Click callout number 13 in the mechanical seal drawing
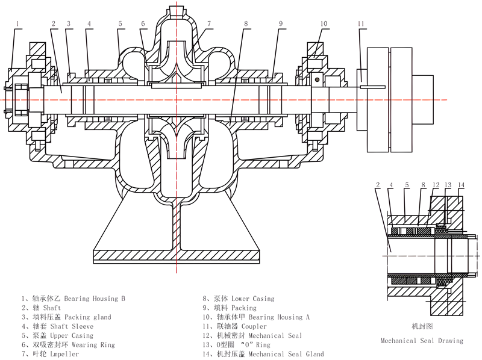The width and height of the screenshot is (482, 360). coord(448,185)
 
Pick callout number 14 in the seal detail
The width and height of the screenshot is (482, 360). coord(462,185)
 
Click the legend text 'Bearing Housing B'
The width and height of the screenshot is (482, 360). coord(95,298)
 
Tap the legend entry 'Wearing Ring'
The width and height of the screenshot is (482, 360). coord(93,345)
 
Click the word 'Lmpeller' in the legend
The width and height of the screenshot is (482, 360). coord(61,354)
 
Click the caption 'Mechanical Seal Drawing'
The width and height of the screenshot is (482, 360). coord(422,341)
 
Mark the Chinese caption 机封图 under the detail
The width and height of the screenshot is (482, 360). coord(422,326)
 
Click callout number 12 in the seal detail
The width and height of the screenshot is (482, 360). coord(435,185)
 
